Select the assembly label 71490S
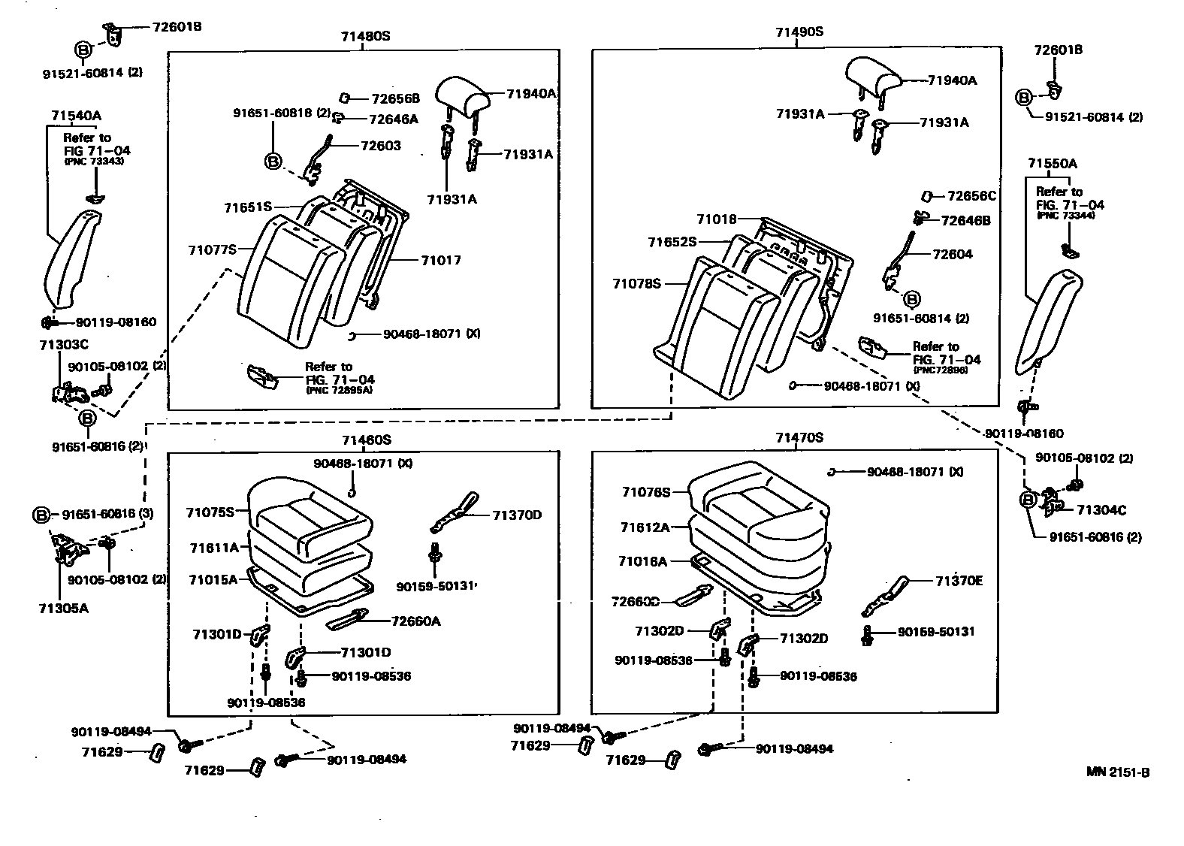[x=799, y=32]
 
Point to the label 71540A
[x=76, y=116]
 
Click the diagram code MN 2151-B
[x=1117, y=772]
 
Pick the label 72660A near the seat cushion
[x=415, y=621]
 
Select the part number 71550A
[x=1053, y=164]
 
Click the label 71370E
[x=959, y=581]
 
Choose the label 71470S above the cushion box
[x=799, y=437]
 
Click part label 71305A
[x=63, y=607]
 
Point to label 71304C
[x=1101, y=510]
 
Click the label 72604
[x=952, y=254]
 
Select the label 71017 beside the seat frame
[x=441, y=260]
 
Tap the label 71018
[x=716, y=219]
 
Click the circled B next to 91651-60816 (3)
[x=42, y=515]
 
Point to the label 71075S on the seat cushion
[x=210, y=512]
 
